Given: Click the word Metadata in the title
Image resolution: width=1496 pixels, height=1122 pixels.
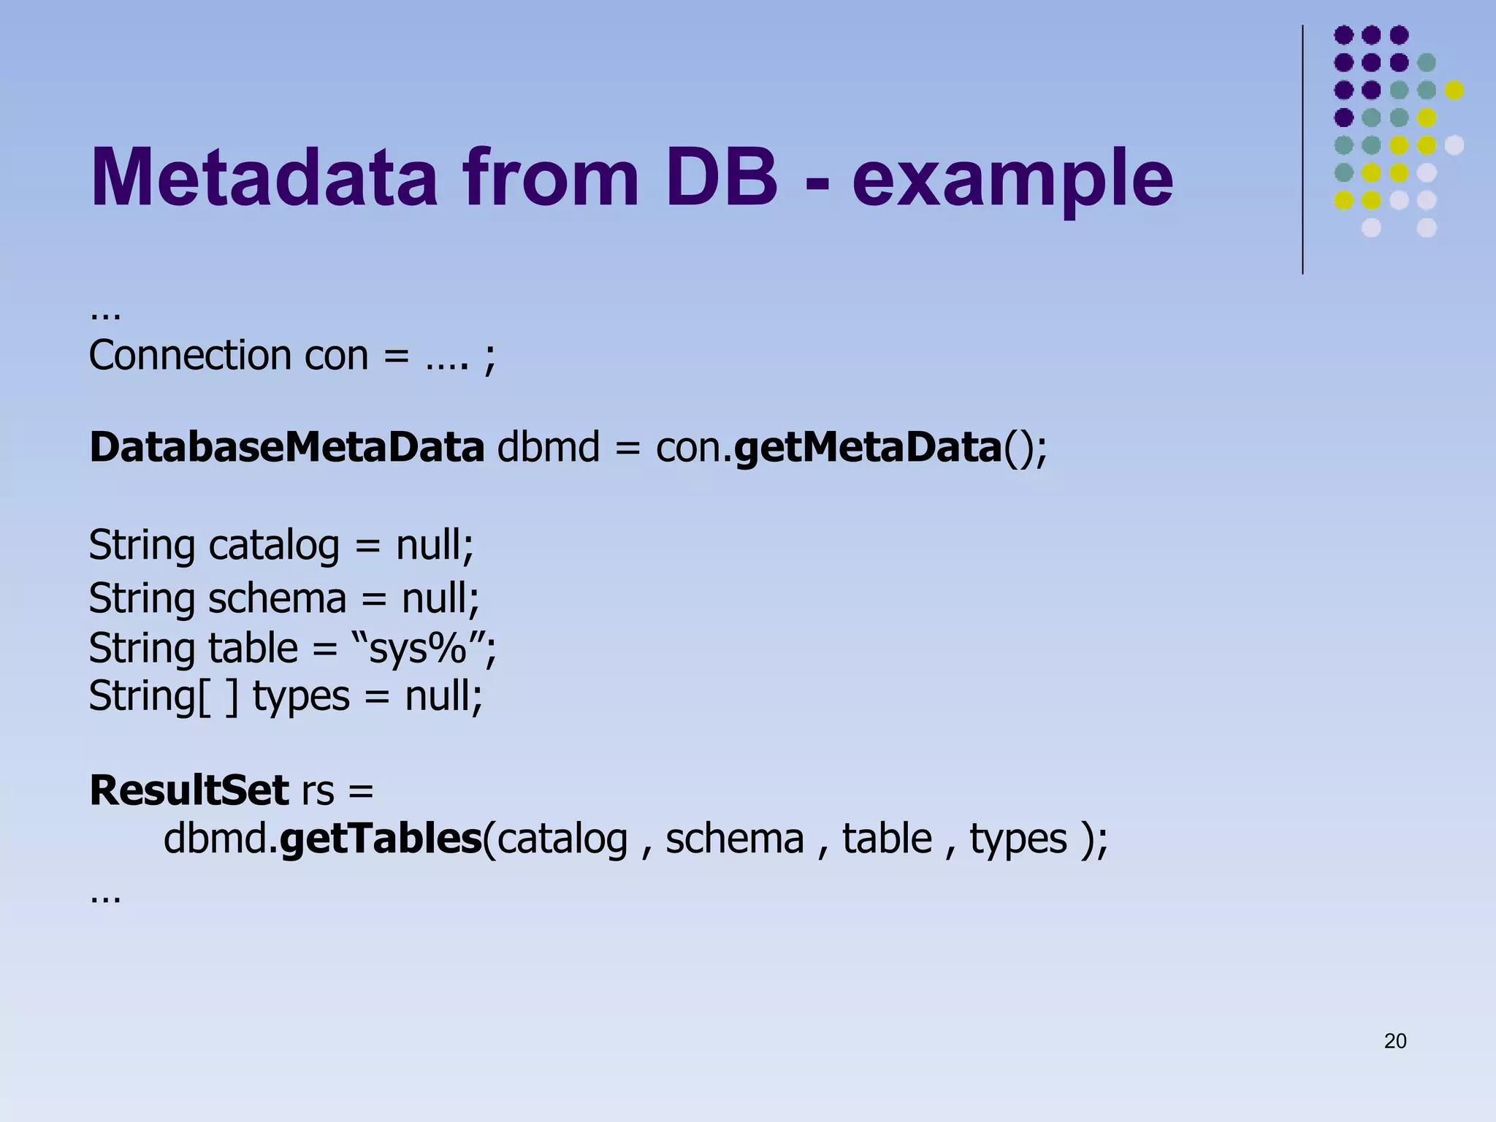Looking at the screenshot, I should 263,178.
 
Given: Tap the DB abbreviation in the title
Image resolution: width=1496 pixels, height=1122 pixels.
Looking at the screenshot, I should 721,178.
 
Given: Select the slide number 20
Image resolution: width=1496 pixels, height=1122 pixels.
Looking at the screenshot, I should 1395,1041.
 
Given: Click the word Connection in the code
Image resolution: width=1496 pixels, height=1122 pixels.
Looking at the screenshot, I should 190,356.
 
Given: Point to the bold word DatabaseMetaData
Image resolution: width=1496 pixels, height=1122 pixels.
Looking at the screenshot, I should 286,447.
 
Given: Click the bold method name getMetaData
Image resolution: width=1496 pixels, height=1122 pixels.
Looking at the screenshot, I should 867,447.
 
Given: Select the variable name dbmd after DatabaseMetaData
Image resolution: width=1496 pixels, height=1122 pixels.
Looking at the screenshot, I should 548,447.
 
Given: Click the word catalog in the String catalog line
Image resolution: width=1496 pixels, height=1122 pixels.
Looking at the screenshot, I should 274,546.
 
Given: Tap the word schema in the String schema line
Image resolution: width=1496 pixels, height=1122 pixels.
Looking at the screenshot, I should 278,598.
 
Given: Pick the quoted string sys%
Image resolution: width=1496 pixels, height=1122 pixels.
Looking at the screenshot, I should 418,648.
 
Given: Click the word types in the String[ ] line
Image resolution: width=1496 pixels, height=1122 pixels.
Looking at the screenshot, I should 301,696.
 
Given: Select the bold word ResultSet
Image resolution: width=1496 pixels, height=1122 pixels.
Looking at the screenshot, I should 189,790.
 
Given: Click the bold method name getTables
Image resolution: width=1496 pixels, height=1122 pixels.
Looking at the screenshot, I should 381,839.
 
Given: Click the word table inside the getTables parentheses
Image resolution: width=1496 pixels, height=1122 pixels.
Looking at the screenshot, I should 887,839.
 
